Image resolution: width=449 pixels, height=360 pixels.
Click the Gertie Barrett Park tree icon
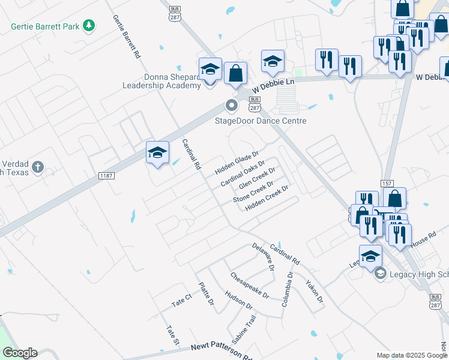click(x=89, y=25)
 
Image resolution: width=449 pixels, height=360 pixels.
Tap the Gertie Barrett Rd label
click(x=127, y=37)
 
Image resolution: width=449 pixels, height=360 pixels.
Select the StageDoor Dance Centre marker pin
click(x=231, y=106)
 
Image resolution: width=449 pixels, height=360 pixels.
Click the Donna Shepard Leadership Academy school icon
click(x=210, y=70)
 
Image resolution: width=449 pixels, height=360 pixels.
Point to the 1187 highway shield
click(x=106, y=175)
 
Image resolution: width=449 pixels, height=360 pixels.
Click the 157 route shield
click(x=387, y=183)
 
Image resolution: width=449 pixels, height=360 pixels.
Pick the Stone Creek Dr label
click(x=253, y=191)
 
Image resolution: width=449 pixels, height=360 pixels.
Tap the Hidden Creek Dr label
click(x=267, y=197)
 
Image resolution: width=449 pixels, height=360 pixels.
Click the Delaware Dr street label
click(x=263, y=257)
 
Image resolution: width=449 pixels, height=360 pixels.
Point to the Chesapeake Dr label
click(x=250, y=284)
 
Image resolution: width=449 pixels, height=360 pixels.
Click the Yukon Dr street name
click(x=314, y=291)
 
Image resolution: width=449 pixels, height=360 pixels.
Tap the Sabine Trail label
click(x=244, y=329)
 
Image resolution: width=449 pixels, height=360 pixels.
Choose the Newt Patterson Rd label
click(x=221, y=352)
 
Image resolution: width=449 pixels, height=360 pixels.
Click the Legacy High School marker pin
click(x=379, y=274)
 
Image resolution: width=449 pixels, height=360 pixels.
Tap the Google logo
click(x=20, y=353)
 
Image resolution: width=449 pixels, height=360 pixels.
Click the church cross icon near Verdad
click(x=37, y=167)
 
